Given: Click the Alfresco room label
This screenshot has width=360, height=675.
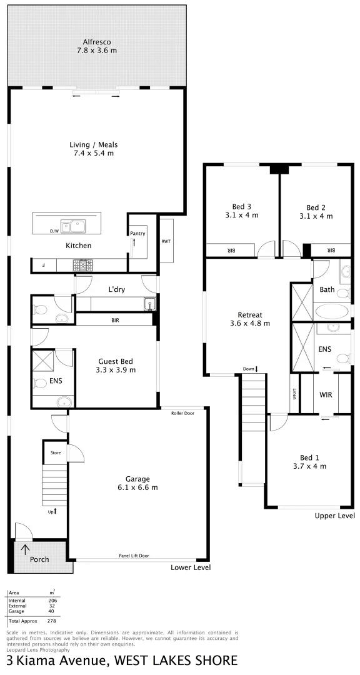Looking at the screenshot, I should click(x=96, y=46).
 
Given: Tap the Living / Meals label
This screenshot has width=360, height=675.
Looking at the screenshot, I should click(x=93, y=149).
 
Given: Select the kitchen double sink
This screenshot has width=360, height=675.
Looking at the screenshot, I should click(x=73, y=226).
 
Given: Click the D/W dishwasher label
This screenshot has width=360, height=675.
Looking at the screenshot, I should click(x=54, y=231).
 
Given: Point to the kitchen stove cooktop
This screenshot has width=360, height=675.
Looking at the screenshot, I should click(x=83, y=266).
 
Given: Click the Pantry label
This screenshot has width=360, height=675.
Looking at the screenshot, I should click(x=138, y=233).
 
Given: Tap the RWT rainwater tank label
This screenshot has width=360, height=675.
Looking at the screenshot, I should click(x=166, y=241).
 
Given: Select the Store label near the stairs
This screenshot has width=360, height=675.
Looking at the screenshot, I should click(x=56, y=452).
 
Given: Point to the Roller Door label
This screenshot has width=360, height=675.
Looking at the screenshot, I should click(x=182, y=413).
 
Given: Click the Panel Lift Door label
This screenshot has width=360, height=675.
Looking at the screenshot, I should click(x=134, y=556).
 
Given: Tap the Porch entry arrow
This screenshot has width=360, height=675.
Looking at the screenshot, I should click(x=25, y=549).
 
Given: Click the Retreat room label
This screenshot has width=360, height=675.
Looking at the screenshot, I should click(x=249, y=319).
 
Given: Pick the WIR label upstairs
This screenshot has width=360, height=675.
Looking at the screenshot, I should click(x=325, y=395).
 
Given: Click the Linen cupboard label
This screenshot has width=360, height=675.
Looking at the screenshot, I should click(x=294, y=394).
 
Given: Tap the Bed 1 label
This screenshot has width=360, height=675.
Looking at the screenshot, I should click(x=309, y=461).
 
